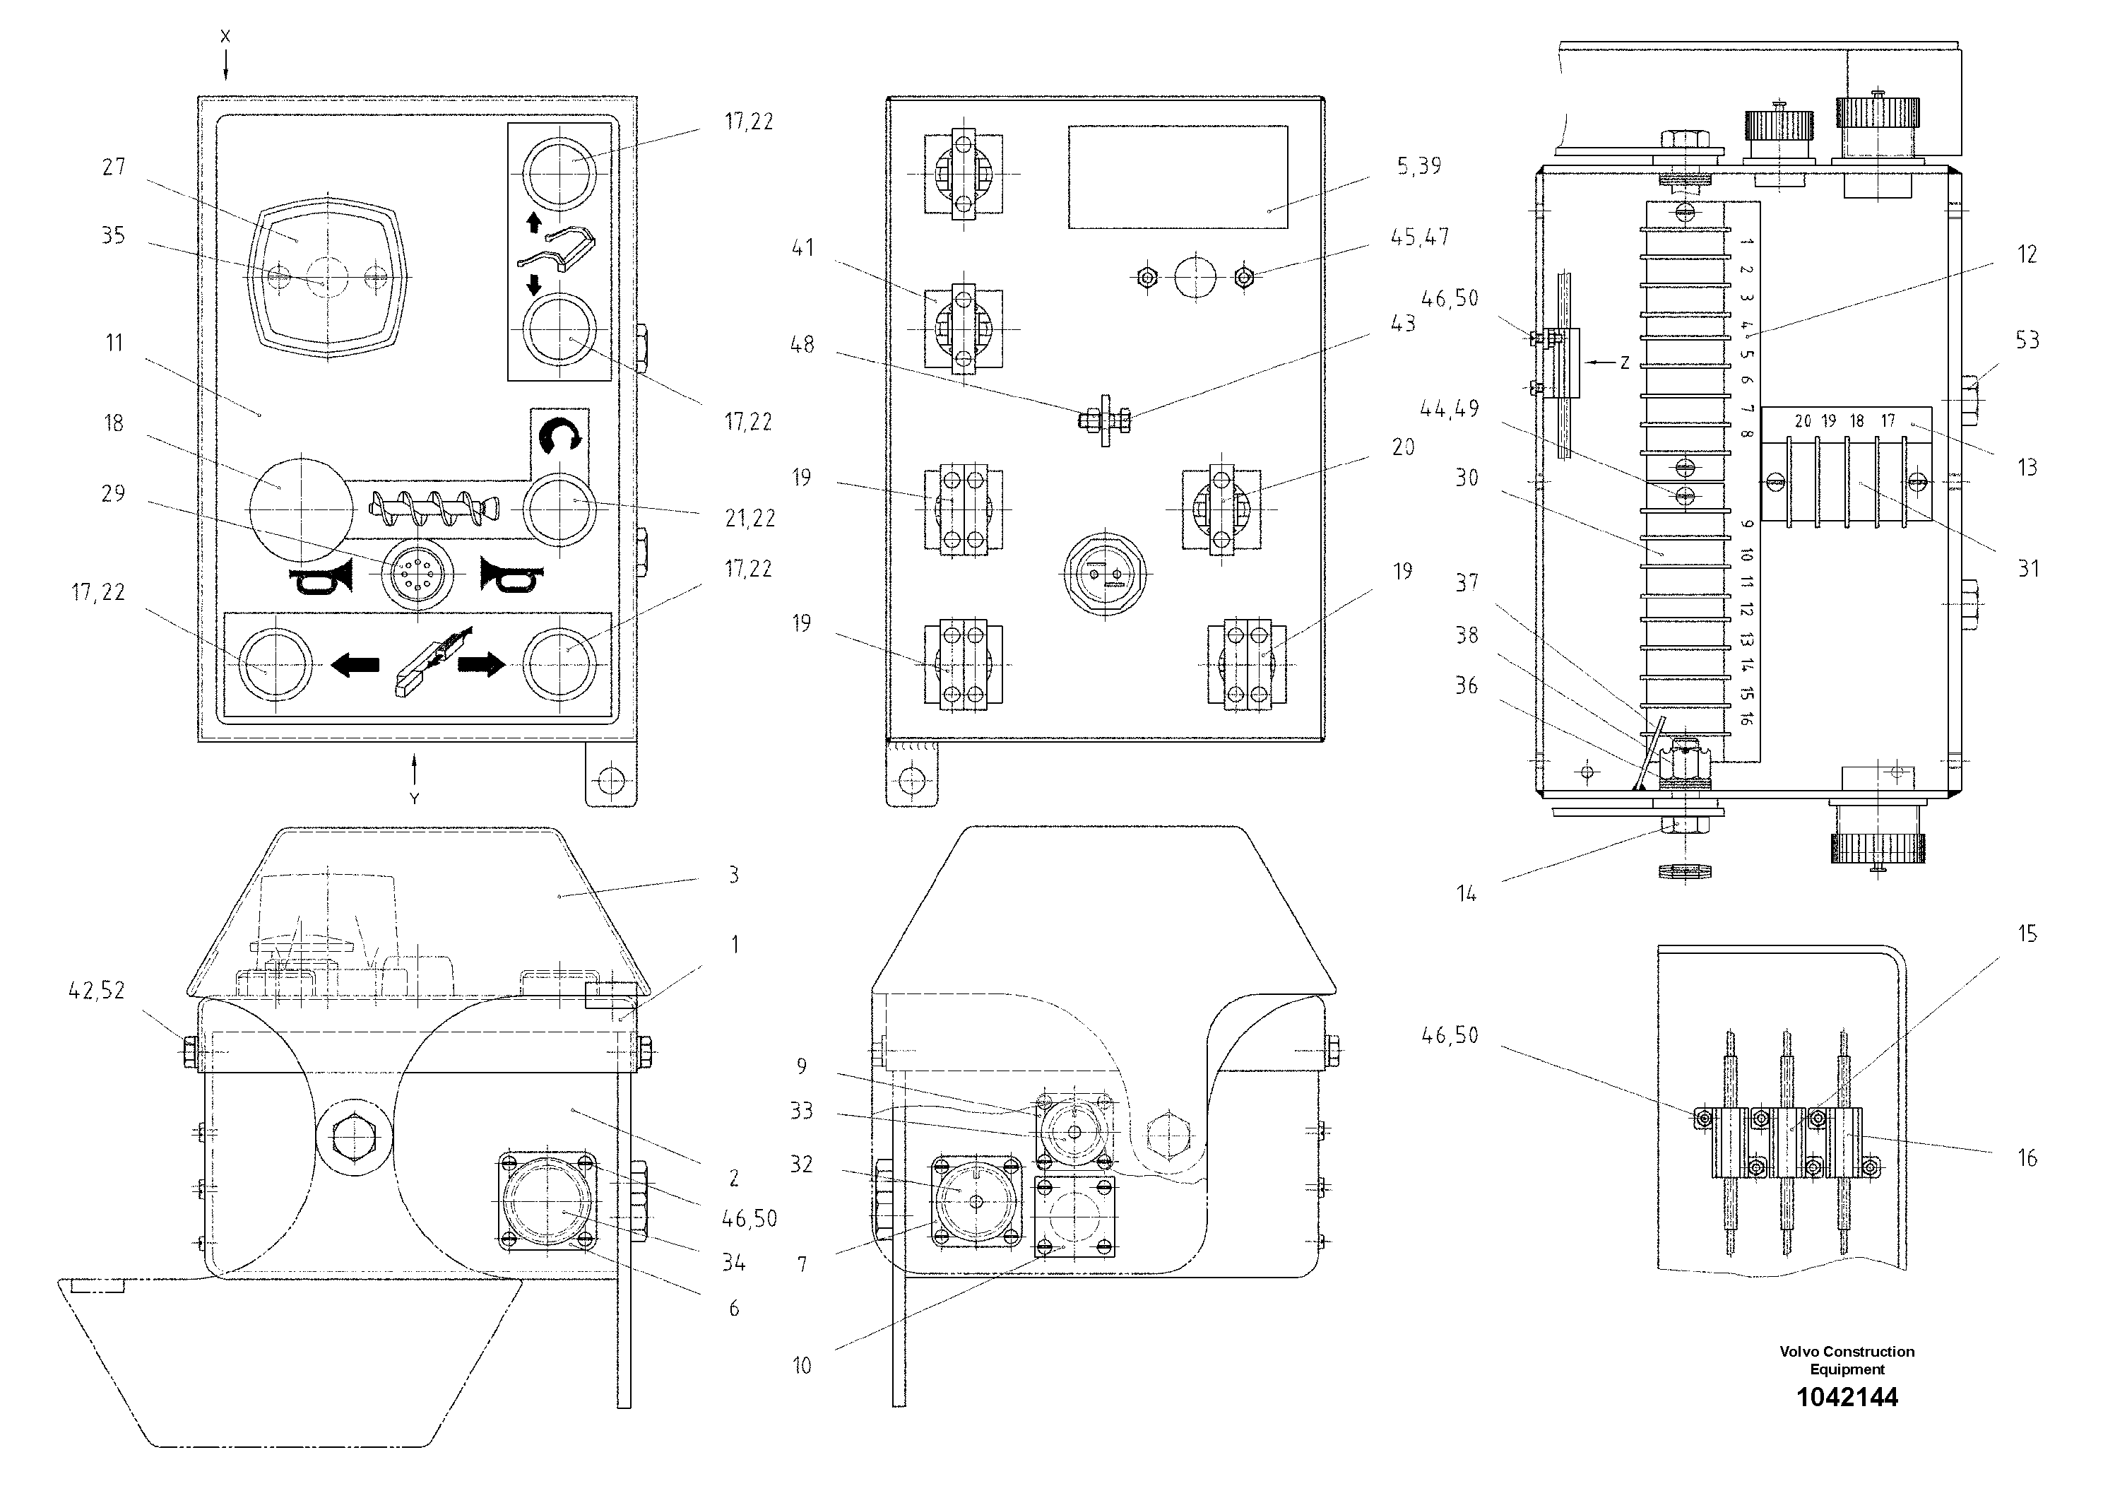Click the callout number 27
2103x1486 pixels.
click(x=114, y=167)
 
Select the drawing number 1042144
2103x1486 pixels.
click(x=1847, y=1397)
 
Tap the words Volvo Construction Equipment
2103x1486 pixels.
click(x=1847, y=1360)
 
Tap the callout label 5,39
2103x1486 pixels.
click(x=1418, y=166)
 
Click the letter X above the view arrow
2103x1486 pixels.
click(x=225, y=37)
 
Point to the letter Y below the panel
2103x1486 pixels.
click(x=414, y=799)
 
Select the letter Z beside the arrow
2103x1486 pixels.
click(x=1624, y=362)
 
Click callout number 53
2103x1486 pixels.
click(x=2027, y=340)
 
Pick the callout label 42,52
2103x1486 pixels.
click(x=96, y=991)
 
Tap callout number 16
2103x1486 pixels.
click(x=2027, y=1158)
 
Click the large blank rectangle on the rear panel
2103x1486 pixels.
click(x=1177, y=177)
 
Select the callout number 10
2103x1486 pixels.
click(x=802, y=1366)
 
